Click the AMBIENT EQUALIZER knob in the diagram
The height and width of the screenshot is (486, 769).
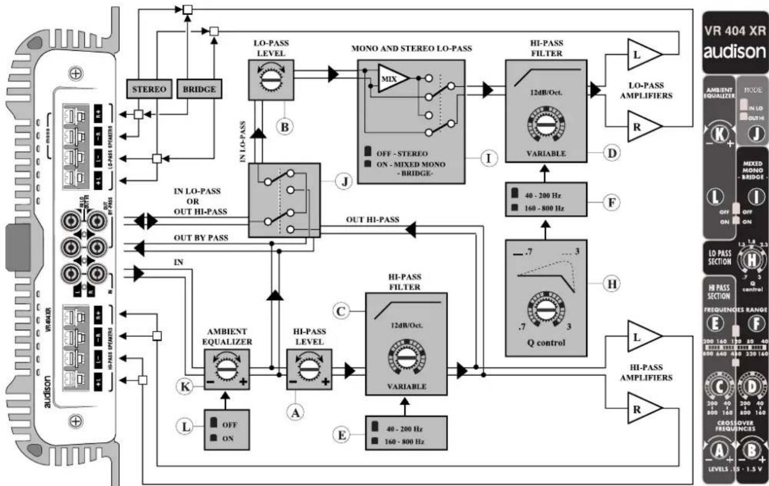coord(225,367)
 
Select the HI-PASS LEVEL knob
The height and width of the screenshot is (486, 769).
coord(309,367)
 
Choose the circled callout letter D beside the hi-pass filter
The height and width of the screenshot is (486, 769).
coord(611,154)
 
